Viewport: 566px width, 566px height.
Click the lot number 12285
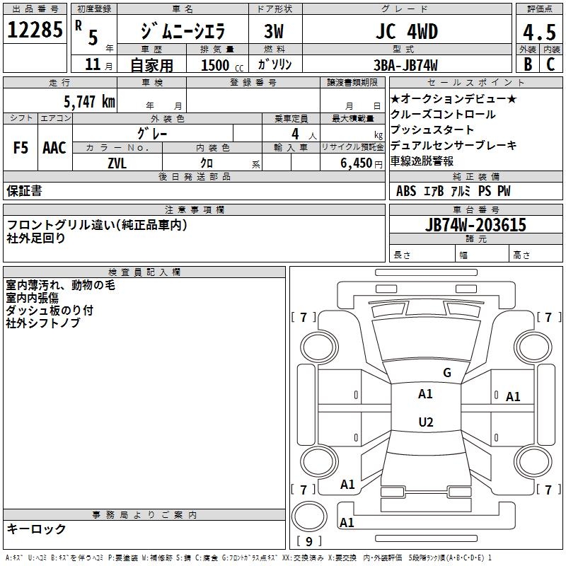tap(35, 30)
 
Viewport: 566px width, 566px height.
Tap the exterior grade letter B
tap(527, 64)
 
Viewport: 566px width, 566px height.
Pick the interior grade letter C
tap(550, 64)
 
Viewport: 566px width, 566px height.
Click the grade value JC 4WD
tap(405, 32)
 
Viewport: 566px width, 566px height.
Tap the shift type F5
tap(21, 148)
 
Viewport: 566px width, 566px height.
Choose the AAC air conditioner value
tap(54, 148)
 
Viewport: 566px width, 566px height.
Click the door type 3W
tap(273, 32)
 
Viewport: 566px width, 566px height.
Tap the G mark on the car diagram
tap(446, 372)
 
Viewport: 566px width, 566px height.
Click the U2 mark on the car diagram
tap(425, 422)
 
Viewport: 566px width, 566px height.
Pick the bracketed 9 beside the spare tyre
tap(309, 541)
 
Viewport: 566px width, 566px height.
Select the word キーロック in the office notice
tap(36, 529)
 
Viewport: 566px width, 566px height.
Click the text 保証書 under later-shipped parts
tap(24, 191)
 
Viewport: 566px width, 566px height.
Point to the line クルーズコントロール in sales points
tap(443, 115)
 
